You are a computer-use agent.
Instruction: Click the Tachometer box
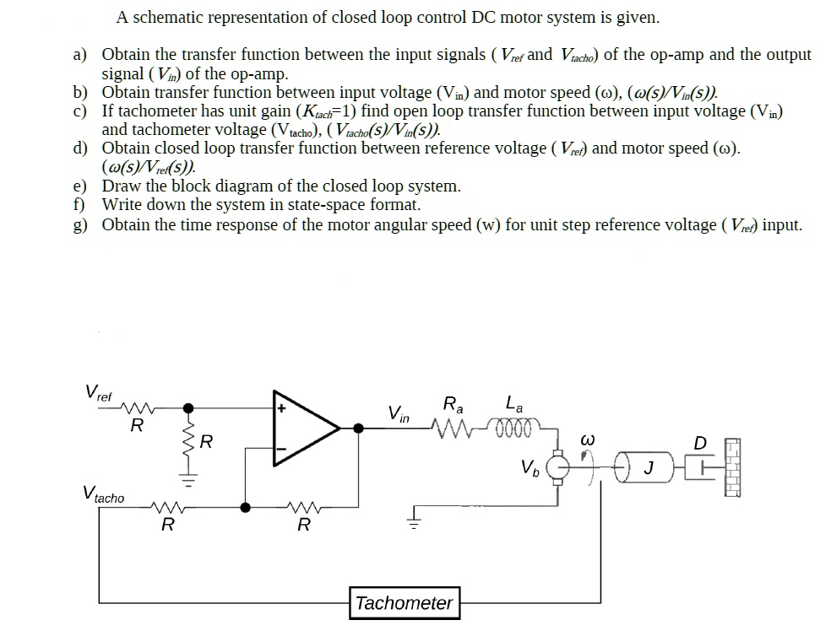(405, 603)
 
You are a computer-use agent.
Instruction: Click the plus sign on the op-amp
(282, 408)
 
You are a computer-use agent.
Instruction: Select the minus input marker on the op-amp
(282, 450)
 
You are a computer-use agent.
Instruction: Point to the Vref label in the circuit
(97, 392)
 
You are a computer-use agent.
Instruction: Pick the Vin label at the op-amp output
(399, 413)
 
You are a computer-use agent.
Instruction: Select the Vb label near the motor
(529, 466)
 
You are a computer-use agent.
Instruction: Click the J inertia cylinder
(645, 466)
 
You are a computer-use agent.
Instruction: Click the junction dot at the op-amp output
(359, 429)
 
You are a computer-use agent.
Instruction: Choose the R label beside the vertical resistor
(206, 440)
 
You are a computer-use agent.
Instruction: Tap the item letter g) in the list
(80, 225)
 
